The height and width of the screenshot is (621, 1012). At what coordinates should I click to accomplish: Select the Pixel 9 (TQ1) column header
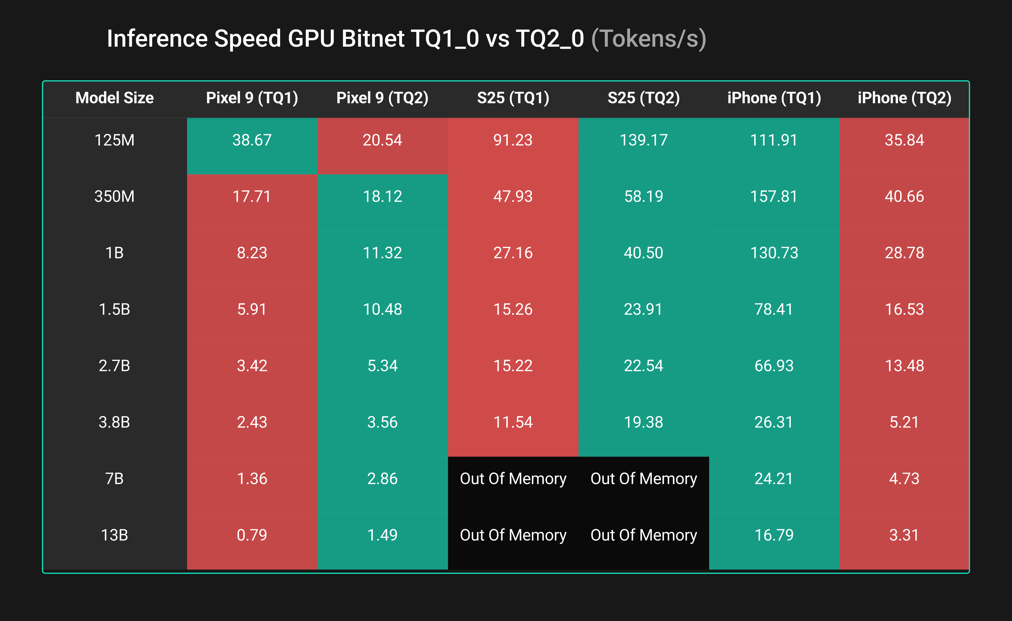click(252, 98)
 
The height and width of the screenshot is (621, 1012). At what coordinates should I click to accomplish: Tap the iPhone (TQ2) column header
click(904, 98)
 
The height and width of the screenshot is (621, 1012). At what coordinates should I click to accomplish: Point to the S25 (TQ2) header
click(643, 98)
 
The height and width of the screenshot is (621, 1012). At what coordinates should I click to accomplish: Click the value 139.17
click(643, 140)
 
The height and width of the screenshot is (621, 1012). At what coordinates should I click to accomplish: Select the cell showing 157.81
click(774, 196)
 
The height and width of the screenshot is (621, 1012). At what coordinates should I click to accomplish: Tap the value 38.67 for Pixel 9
click(252, 140)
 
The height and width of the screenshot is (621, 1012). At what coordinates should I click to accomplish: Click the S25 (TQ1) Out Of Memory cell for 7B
click(513, 478)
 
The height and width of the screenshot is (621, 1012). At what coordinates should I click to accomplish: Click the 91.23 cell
click(513, 140)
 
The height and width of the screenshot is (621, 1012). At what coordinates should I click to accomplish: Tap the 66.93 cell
click(774, 366)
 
